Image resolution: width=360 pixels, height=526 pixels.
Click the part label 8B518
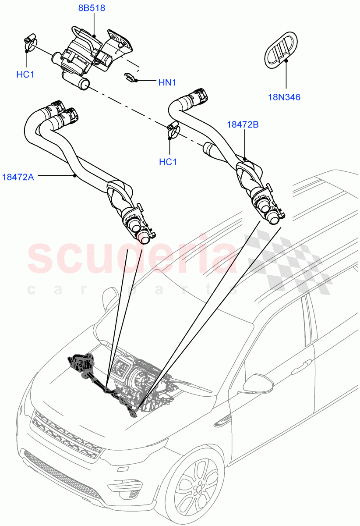click(x=92, y=8)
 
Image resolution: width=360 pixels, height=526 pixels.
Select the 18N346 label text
click(x=284, y=97)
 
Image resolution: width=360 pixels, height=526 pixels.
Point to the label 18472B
click(x=243, y=124)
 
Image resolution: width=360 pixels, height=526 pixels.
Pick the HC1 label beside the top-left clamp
click(x=25, y=75)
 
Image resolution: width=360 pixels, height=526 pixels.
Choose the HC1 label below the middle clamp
click(x=168, y=162)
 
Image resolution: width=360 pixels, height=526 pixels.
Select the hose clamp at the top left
click(x=29, y=40)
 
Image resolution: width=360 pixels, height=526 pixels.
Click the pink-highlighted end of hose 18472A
click(x=143, y=238)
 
